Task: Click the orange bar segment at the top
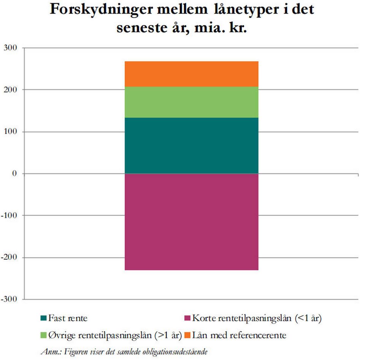(191, 74)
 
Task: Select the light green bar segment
(191, 102)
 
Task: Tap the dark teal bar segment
(191, 145)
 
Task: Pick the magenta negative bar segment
(191, 222)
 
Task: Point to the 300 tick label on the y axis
(10, 47)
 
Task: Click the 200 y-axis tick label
(10, 90)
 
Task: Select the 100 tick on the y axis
(10, 131)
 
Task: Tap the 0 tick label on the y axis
(15, 174)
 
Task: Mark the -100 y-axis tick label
(9, 215)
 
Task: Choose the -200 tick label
(9, 257)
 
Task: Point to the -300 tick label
(9, 299)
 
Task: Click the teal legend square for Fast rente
(43, 318)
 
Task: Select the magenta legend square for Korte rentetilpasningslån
(187, 318)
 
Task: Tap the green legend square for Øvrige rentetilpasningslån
(43, 336)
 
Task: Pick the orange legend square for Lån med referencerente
(187, 336)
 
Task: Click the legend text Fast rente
(68, 318)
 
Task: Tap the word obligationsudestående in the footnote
(178, 351)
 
